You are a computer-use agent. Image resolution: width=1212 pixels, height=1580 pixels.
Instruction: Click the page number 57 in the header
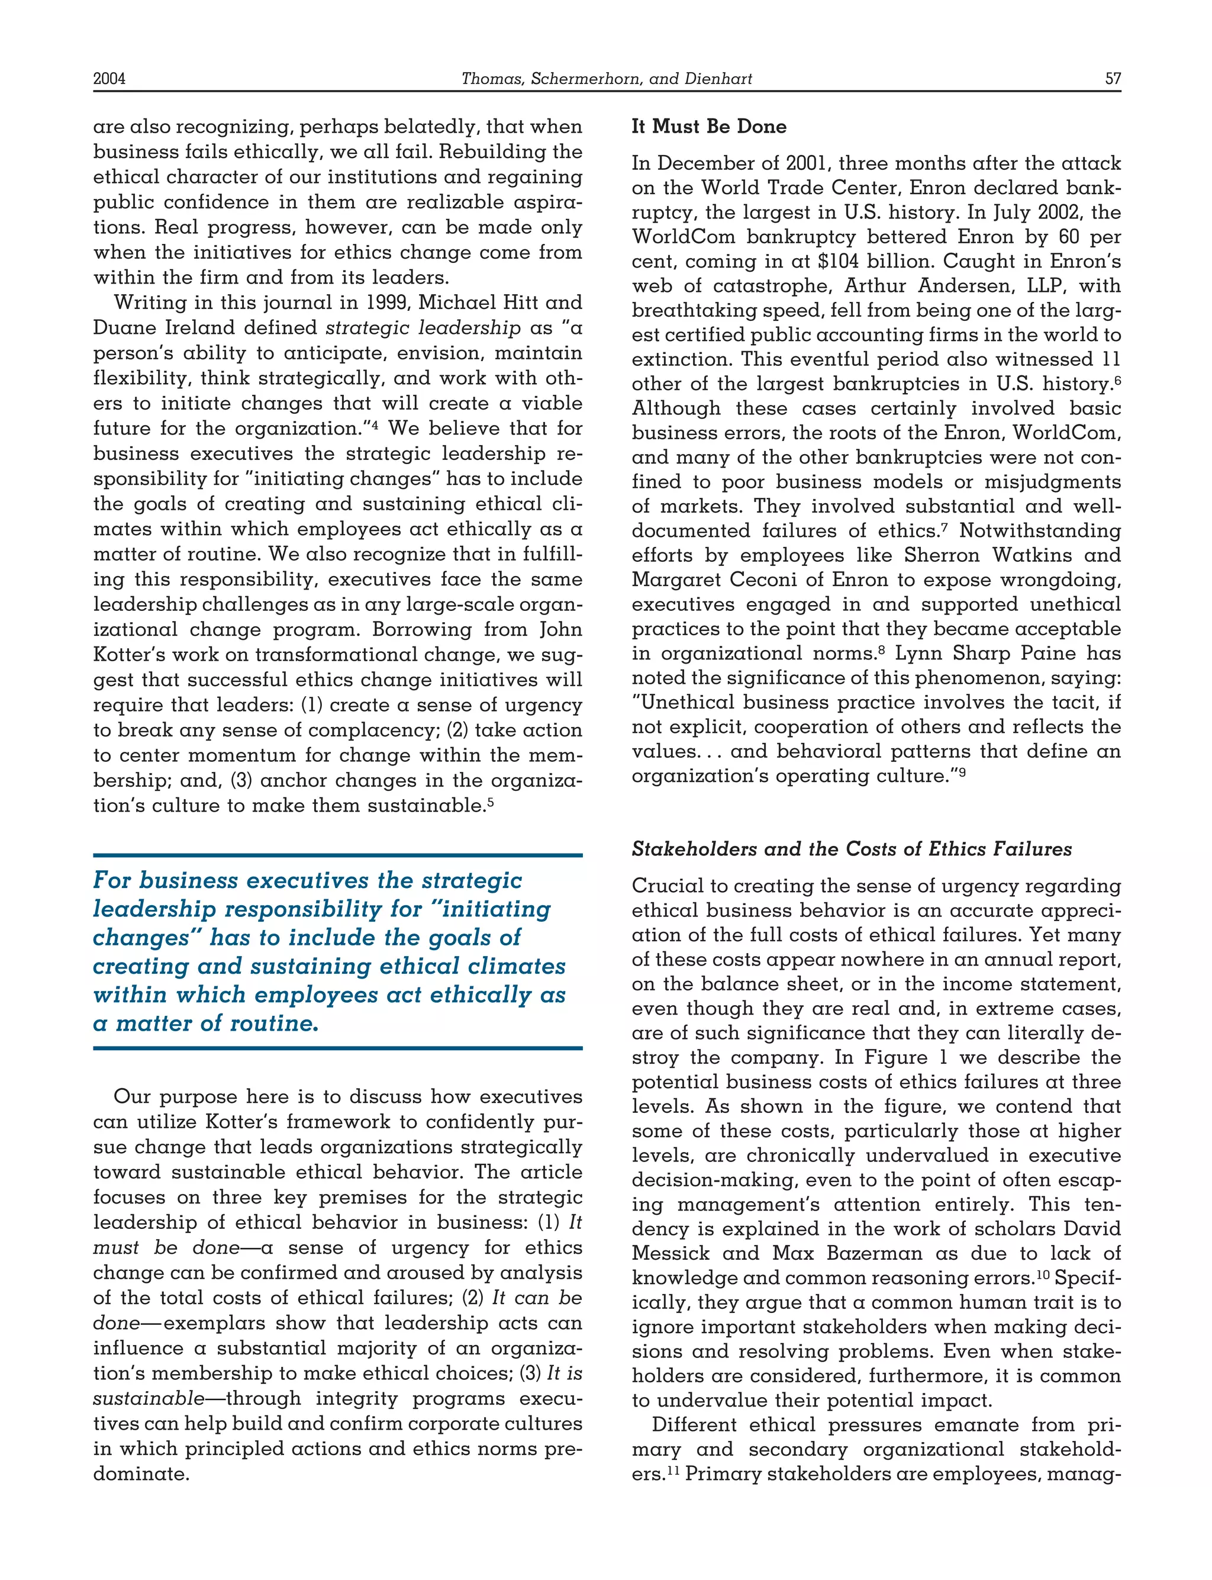pos(1113,79)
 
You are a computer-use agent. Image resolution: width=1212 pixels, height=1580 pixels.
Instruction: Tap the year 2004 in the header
pos(109,79)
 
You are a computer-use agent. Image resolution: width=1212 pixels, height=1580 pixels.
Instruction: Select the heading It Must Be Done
pos(708,126)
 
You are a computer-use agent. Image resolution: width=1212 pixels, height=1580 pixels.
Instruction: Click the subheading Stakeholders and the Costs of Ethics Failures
pos(851,849)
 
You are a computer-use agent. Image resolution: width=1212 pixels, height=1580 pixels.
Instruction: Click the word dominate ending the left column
pos(141,1474)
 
